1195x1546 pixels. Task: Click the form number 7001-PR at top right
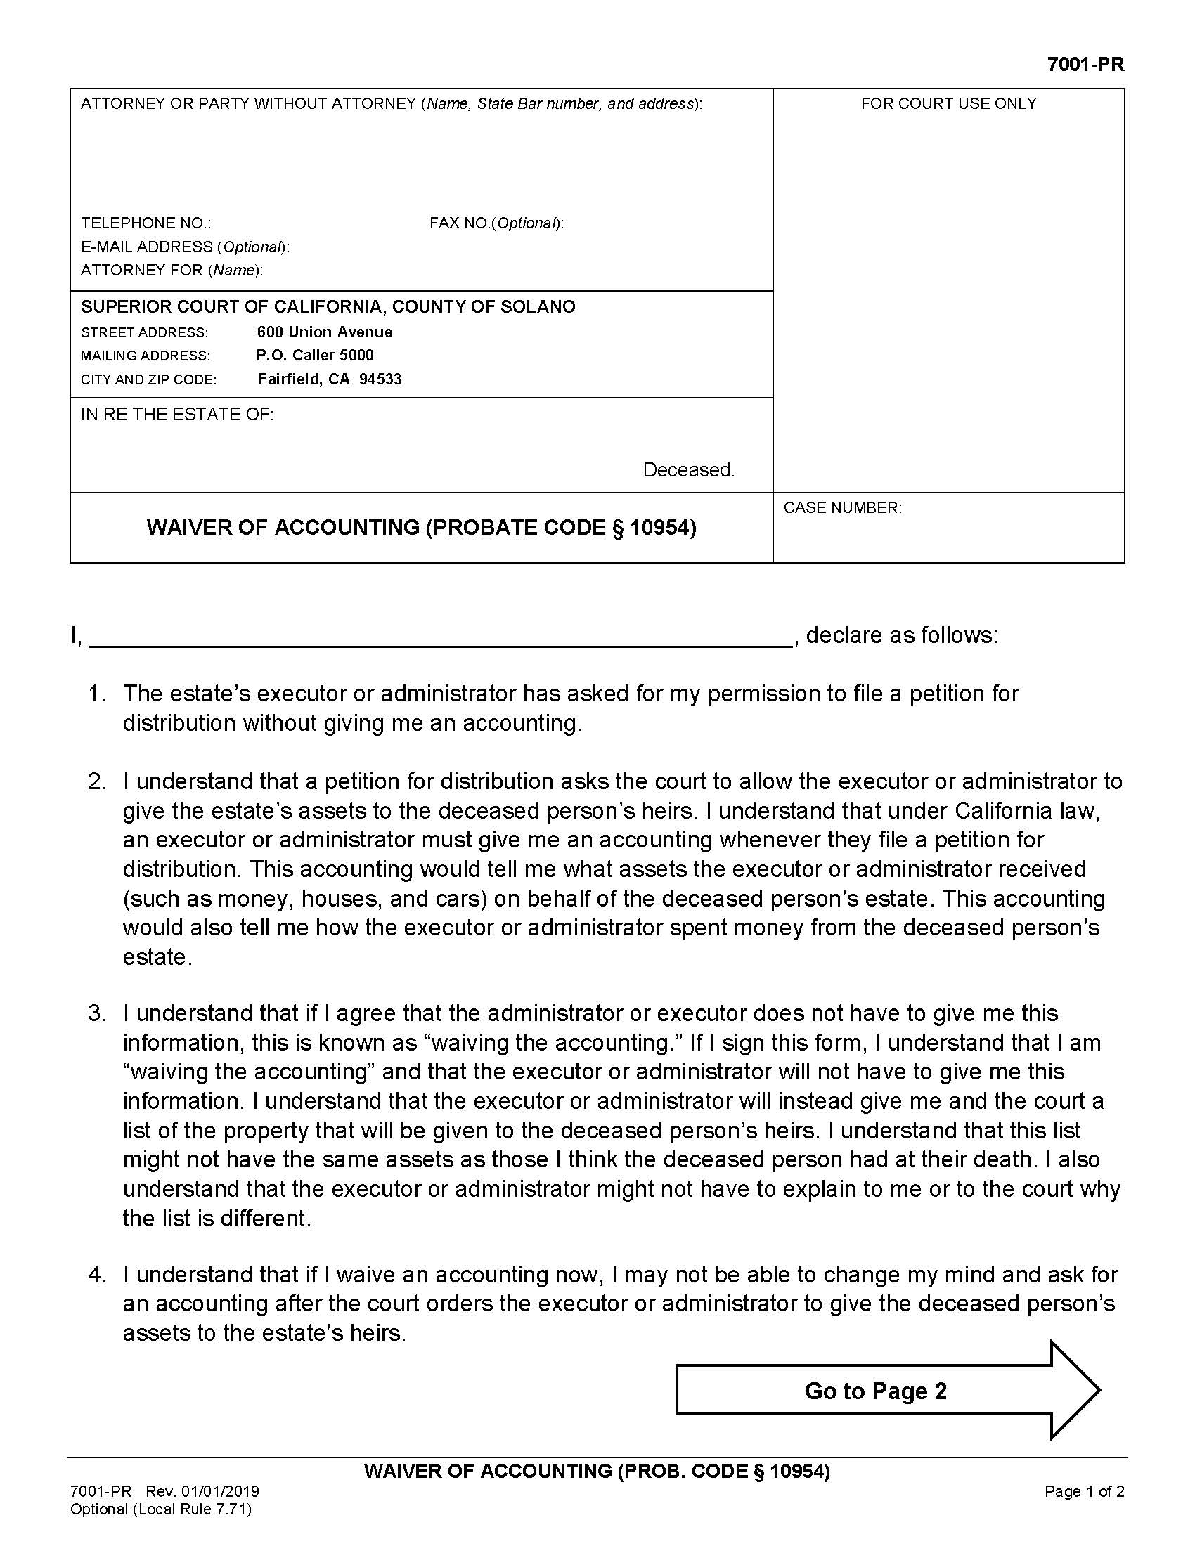(1085, 65)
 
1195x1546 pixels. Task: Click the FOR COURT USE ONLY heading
(948, 103)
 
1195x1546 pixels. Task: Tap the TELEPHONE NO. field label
(146, 223)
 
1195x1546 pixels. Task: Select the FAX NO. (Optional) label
(496, 223)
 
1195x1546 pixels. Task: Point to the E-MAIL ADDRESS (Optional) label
(185, 247)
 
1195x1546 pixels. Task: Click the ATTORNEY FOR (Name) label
(172, 270)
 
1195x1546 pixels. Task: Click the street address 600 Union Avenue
(324, 332)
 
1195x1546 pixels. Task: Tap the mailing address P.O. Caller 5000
(315, 356)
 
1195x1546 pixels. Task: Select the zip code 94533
(380, 379)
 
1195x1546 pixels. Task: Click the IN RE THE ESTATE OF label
(177, 414)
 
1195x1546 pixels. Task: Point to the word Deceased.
(688, 469)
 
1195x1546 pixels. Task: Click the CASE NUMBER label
(842, 507)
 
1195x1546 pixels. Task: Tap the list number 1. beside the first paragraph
(97, 694)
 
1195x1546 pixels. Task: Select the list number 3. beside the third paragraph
(97, 1013)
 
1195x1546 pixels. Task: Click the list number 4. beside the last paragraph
(97, 1275)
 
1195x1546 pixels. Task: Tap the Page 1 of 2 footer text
(1084, 1491)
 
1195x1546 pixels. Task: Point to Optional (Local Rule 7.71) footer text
(161, 1509)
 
